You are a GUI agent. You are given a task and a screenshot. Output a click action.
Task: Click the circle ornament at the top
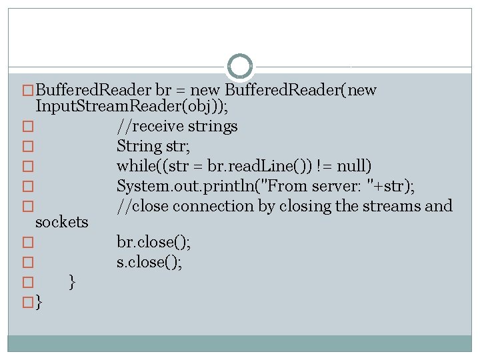[240, 67]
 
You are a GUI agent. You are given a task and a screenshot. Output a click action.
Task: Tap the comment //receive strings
[177, 126]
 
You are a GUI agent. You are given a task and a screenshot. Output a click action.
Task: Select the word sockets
[61, 222]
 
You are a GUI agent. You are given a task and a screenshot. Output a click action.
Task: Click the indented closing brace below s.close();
[72, 283]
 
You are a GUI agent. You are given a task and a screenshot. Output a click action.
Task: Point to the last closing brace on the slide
[39, 303]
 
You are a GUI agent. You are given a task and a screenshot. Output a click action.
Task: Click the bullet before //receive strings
[27, 127]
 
